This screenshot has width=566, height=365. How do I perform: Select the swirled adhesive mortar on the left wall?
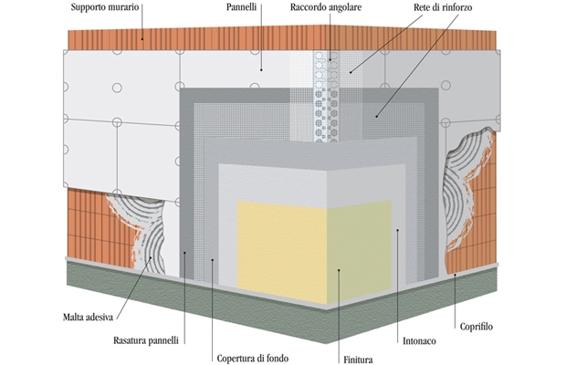pyautogui.click(x=137, y=233)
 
